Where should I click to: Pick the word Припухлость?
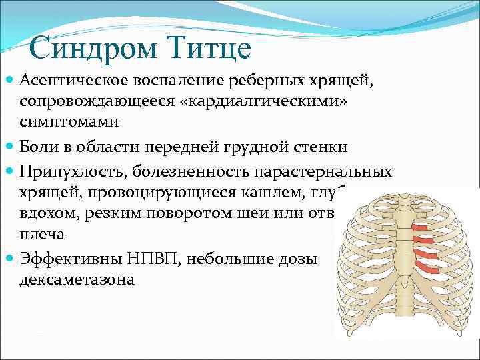[x=73, y=171]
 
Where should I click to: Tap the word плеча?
[x=40, y=235]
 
